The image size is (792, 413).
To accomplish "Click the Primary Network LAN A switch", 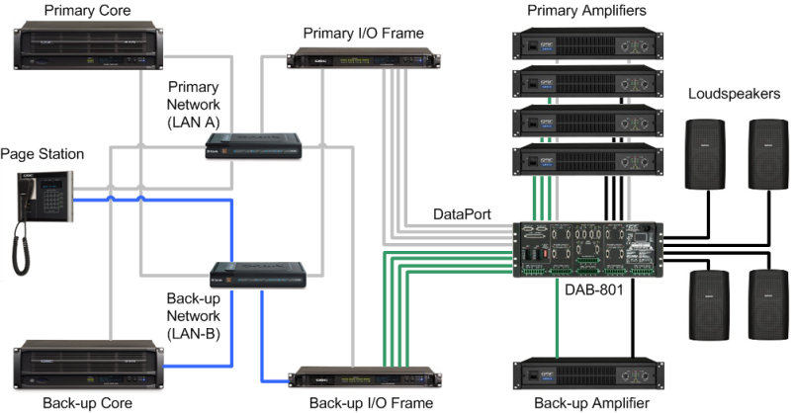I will click(x=253, y=149).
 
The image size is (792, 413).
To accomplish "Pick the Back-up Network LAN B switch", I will click(x=260, y=275).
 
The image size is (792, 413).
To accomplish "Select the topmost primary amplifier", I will click(x=584, y=44).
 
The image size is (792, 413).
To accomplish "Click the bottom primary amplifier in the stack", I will click(x=584, y=159).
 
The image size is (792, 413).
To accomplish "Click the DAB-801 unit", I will click(x=583, y=246).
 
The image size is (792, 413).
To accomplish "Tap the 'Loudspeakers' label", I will click(x=734, y=94).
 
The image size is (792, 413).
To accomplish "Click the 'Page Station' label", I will click(x=43, y=154).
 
